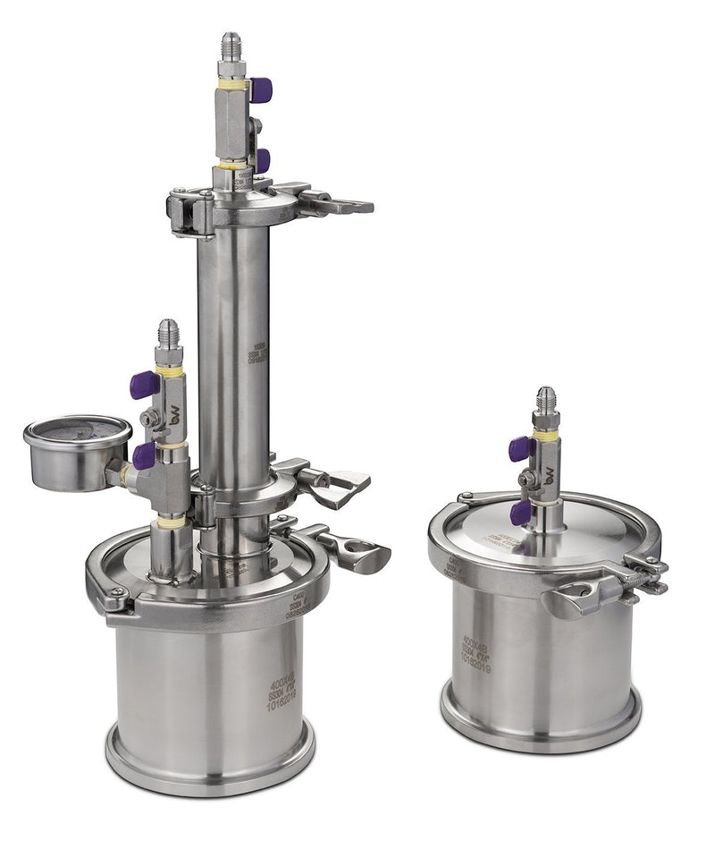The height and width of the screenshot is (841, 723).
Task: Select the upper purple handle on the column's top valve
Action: [x=260, y=89]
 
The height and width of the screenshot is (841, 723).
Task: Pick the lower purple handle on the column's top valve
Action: [x=262, y=160]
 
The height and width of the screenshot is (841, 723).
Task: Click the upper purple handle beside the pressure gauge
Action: [x=144, y=385]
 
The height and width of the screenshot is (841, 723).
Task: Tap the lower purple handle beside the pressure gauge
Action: [x=144, y=455]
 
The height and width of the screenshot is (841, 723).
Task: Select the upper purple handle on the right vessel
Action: [x=520, y=448]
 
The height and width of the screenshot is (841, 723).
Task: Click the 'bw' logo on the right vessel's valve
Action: [x=549, y=475]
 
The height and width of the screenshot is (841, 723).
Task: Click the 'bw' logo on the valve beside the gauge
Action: [x=174, y=416]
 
